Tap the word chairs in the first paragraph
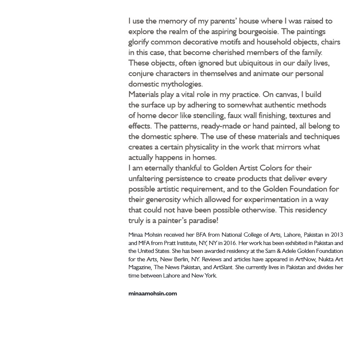329,42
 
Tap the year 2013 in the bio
337,235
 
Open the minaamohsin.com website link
152,293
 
